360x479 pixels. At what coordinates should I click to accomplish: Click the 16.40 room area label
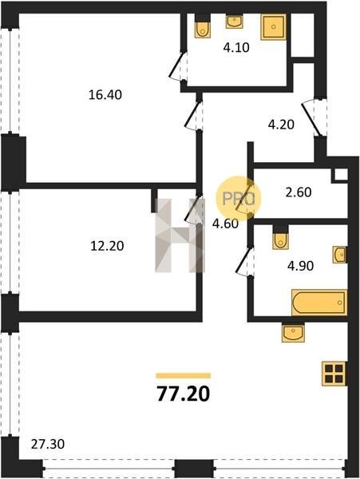[x=105, y=95]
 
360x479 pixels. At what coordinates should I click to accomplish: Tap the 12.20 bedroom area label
[x=107, y=245]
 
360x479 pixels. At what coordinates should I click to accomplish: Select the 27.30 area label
[x=48, y=444]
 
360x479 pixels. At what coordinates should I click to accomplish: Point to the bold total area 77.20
[x=184, y=394]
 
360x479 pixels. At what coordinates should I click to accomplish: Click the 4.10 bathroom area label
[x=236, y=48]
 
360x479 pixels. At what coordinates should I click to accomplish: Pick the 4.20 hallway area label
[x=281, y=125]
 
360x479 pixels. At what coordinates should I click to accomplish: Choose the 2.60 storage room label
[x=299, y=192]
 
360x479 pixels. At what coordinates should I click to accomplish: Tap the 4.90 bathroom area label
[x=300, y=266]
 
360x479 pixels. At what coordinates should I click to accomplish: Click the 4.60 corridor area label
[x=225, y=224]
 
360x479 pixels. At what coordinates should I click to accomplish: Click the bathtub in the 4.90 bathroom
[x=319, y=302]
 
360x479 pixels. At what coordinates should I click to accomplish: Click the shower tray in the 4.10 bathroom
[x=274, y=27]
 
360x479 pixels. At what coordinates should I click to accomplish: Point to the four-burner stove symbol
[x=334, y=374]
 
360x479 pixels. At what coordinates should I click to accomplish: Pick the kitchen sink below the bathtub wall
[x=293, y=332]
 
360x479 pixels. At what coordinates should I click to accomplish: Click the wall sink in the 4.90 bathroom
[x=340, y=255]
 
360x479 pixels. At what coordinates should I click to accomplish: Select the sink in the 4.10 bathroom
[x=234, y=21]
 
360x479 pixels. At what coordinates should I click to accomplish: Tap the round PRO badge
[x=239, y=199]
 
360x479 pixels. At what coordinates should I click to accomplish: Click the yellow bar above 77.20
[x=184, y=376]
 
